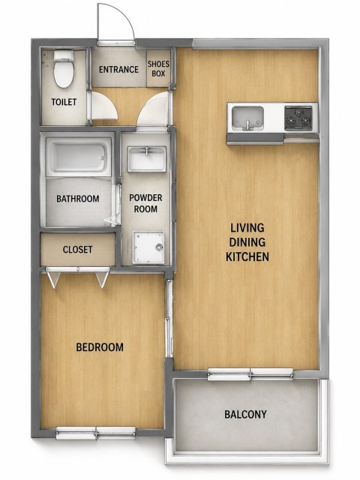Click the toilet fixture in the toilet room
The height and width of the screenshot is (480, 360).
64,69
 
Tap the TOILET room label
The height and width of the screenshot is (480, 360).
64,102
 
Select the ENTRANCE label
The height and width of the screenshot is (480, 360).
118,70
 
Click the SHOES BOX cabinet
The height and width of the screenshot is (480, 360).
158,68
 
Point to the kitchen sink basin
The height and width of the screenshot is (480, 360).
247,118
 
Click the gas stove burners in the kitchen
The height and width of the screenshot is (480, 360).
298,118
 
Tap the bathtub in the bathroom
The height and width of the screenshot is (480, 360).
78,157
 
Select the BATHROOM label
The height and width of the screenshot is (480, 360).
78,199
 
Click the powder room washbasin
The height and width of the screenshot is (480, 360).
147,158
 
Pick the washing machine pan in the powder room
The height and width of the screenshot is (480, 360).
148,247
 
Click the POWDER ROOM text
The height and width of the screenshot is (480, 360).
145,203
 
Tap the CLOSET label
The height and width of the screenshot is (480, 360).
77,250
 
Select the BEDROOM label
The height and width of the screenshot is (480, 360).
100,347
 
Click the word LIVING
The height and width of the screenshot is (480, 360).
247,228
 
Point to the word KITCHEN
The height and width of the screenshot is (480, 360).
247,256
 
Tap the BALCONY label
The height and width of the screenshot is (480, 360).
245,414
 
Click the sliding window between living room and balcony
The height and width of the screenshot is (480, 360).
250,374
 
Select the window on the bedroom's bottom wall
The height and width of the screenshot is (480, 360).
95,433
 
